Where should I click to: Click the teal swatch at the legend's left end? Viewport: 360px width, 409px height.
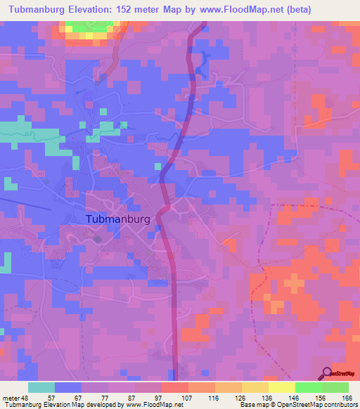(41, 387)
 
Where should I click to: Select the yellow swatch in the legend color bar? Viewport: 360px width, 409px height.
(281, 387)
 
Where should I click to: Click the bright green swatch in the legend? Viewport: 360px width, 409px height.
(308, 387)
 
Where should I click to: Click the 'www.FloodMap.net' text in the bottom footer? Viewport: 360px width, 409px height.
(150, 405)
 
